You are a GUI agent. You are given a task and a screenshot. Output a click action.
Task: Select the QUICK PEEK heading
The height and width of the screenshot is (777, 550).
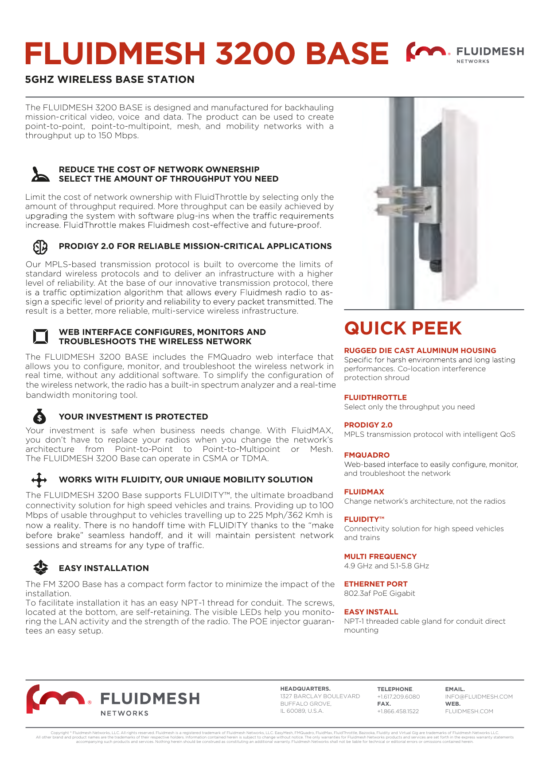click(403, 328)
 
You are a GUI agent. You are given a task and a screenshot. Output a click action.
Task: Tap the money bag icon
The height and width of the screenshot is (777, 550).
click(39, 416)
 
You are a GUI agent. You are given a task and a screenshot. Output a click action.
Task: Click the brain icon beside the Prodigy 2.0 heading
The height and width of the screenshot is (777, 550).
click(40, 247)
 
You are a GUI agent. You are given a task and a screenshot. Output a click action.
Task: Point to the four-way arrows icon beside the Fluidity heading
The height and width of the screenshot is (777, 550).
click(39, 480)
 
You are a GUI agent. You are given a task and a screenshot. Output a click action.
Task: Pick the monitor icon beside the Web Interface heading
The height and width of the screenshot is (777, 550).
click(40, 337)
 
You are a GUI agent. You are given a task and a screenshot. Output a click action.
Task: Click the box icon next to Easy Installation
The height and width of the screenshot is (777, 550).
click(40, 567)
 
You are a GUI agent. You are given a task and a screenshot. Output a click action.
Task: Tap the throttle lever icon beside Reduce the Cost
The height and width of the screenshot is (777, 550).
click(40, 175)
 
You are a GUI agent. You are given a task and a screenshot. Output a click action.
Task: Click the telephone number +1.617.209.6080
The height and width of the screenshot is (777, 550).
click(398, 696)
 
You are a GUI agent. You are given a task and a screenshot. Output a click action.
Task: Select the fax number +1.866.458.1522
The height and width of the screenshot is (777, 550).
click(398, 711)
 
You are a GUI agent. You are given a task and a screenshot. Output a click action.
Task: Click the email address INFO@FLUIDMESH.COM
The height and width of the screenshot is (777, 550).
click(479, 696)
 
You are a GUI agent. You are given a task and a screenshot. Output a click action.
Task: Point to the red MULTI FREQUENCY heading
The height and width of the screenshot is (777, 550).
click(380, 556)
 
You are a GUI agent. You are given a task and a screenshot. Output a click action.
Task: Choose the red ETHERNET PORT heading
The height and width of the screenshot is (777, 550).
click(375, 584)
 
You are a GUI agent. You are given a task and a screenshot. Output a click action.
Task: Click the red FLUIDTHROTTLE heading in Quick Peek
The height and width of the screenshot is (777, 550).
click(375, 397)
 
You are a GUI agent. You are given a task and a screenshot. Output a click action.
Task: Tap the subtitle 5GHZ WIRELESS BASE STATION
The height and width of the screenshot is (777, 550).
click(110, 80)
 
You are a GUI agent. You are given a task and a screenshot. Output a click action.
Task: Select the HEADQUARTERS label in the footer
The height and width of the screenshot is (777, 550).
click(305, 689)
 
